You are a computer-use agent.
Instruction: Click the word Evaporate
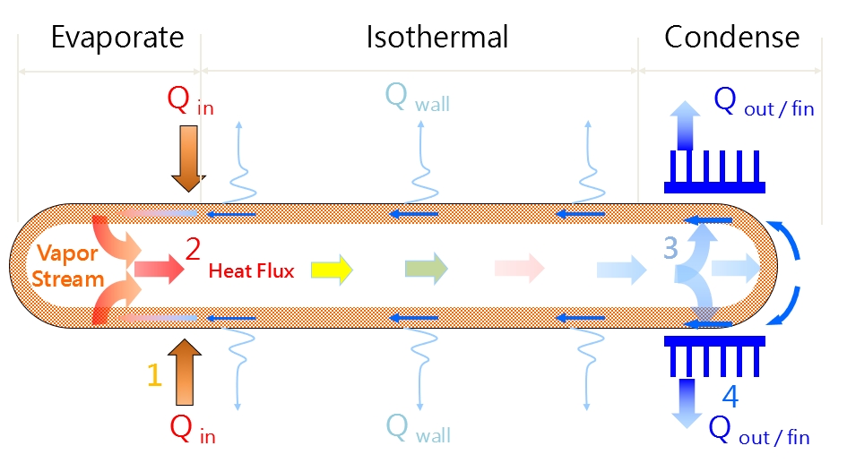point(117,38)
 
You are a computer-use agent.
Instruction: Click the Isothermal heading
point(436,38)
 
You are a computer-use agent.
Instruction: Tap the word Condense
point(731,38)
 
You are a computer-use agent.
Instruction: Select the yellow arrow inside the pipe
point(332,268)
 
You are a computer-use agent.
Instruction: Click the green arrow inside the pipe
point(425,268)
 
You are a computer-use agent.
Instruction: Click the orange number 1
point(154,373)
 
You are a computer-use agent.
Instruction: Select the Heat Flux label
point(251,270)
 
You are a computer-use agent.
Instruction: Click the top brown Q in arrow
point(189,159)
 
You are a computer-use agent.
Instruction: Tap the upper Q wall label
point(417,98)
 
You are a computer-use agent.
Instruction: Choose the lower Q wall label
point(417,429)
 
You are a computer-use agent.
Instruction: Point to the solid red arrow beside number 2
point(157,267)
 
